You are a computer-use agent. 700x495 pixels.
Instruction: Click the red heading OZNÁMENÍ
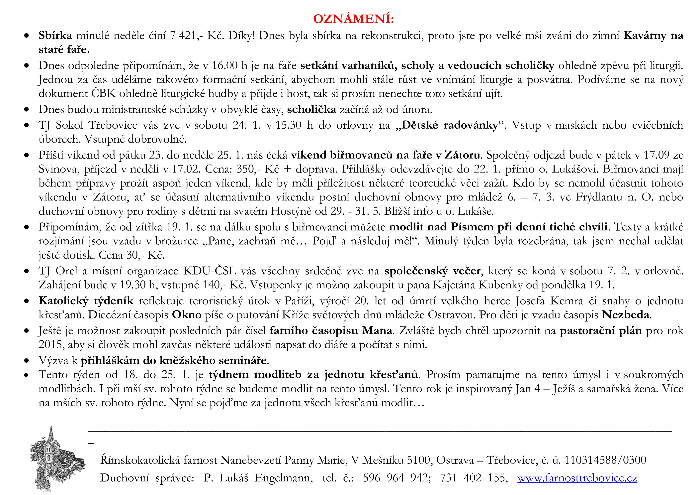tap(353, 19)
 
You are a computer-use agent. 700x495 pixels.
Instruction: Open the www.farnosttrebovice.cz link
tap(577, 478)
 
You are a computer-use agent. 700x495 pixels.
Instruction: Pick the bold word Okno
tap(187, 314)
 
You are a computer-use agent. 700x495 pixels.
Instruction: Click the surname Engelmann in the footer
tap(284, 478)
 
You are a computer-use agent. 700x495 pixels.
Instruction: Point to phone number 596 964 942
tap(396, 478)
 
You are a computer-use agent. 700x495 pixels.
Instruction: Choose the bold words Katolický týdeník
tap(86, 301)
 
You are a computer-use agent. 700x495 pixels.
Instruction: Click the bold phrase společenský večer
tap(432, 271)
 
